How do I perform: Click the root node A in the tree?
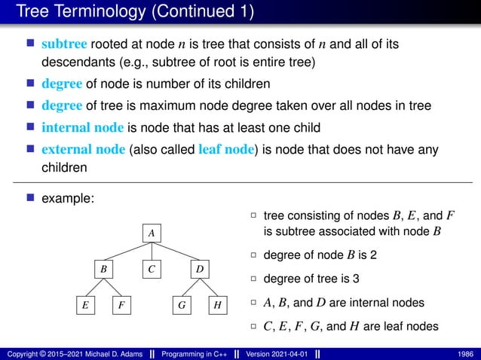pos(152,233)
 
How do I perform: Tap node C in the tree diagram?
pos(152,269)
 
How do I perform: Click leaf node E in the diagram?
pos(85,306)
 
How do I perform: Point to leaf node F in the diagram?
pos(121,306)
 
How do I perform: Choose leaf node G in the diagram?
pos(182,306)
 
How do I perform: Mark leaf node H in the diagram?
pos(217,306)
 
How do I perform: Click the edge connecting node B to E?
pos(95,287)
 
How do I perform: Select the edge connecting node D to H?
pos(208,287)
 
